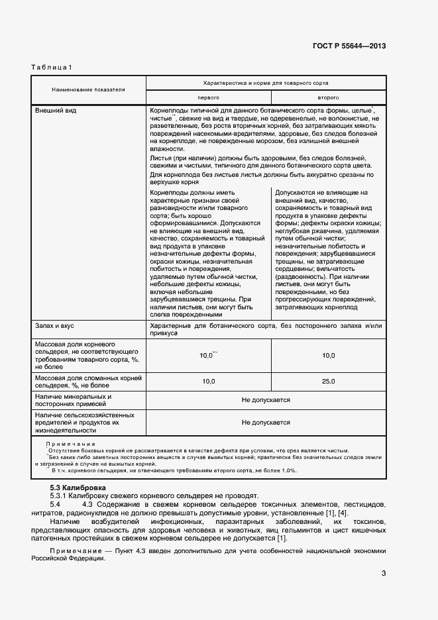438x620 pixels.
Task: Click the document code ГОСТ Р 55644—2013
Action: pyautogui.click(x=349, y=46)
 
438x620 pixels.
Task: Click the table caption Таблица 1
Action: pyautogui.click(x=52, y=68)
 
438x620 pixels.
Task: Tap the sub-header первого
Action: pyautogui.click(x=209, y=97)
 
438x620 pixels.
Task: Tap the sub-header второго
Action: pyautogui.click(x=328, y=97)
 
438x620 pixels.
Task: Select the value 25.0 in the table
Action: pyautogui.click(x=328, y=382)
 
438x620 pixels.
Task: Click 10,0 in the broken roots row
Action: pyautogui.click(x=208, y=382)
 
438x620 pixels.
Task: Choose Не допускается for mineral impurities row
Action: pyautogui.click(x=266, y=401)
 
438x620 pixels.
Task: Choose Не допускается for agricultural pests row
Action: pyautogui.click(x=266, y=422)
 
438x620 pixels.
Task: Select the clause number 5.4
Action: pyautogui.click(x=54, y=505)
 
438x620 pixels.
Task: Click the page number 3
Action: pyautogui.click(x=384, y=574)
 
